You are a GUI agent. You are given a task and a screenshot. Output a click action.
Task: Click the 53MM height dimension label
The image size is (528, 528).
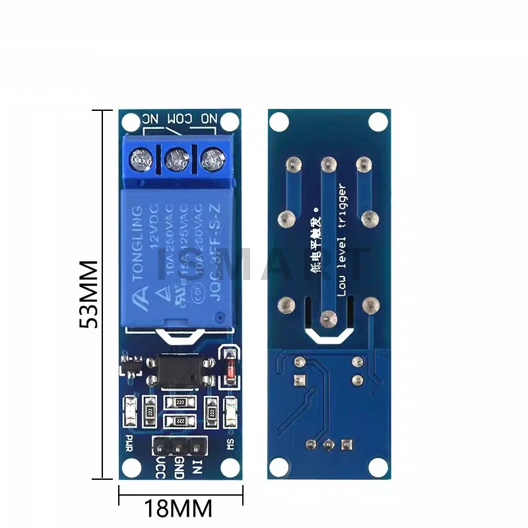88,294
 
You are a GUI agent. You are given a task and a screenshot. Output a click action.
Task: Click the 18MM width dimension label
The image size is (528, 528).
180,509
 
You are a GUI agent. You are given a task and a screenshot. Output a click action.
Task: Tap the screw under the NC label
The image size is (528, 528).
142,158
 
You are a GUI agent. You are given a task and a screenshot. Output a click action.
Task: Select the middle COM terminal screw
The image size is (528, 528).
177,158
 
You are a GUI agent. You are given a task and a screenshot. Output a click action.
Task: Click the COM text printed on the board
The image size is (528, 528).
178,119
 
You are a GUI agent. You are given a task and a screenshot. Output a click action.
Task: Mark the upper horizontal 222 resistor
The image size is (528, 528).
178,403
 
